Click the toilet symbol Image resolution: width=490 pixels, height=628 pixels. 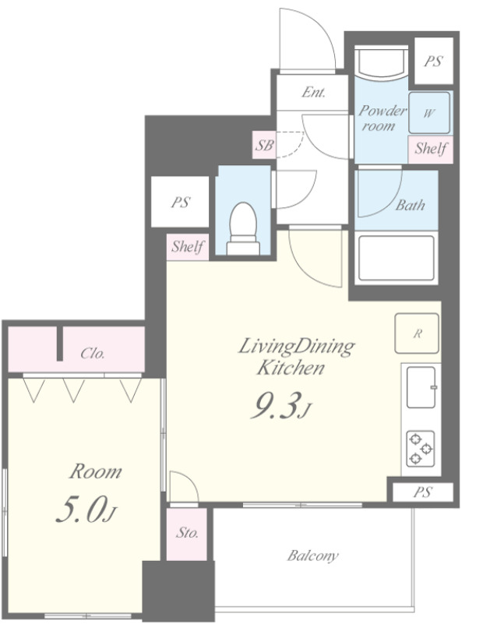tap(243, 228)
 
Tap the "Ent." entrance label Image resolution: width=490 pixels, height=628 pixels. tap(313, 93)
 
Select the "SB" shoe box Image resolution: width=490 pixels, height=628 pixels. tap(264, 145)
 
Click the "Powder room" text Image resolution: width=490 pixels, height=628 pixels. tap(381, 118)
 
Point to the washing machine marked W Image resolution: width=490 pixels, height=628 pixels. tap(429, 113)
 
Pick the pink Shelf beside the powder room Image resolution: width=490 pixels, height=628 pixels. tap(430, 150)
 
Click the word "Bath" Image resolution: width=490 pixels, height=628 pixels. tap(411, 206)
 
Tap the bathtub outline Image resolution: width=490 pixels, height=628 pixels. tap(397, 258)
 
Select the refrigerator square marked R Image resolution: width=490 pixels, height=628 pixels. tap(417, 333)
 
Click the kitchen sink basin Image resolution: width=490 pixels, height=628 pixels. tap(421, 387)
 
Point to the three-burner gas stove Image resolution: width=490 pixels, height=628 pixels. tap(421, 449)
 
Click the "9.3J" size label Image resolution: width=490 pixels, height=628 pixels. tap(280, 406)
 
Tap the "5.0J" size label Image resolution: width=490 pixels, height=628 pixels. tap(86, 510)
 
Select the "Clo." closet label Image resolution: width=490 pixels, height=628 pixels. tap(93, 353)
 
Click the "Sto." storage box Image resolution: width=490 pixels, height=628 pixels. tap(187, 535)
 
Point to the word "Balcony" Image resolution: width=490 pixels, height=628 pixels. tap(313, 556)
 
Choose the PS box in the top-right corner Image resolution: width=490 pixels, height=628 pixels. tap(434, 61)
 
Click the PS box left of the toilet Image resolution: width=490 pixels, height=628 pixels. tap(180, 202)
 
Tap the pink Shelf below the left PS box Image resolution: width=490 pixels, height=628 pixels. tap(188, 247)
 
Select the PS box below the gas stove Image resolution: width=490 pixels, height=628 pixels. tap(423, 492)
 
